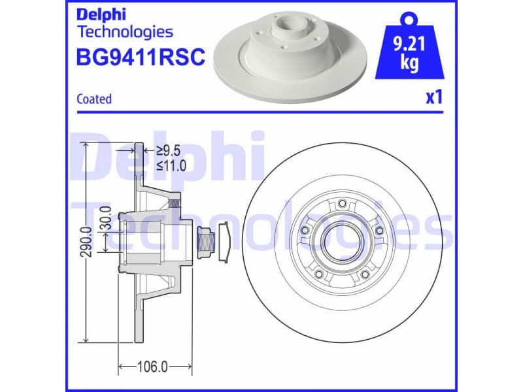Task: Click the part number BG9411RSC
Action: (141, 58)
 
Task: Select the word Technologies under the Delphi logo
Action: (125, 31)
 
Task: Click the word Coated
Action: (94, 99)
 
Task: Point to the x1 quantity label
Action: (434, 98)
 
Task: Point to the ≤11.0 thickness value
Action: (171, 165)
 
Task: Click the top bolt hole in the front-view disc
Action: (342, 204)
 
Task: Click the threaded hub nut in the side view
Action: (205, 242)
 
